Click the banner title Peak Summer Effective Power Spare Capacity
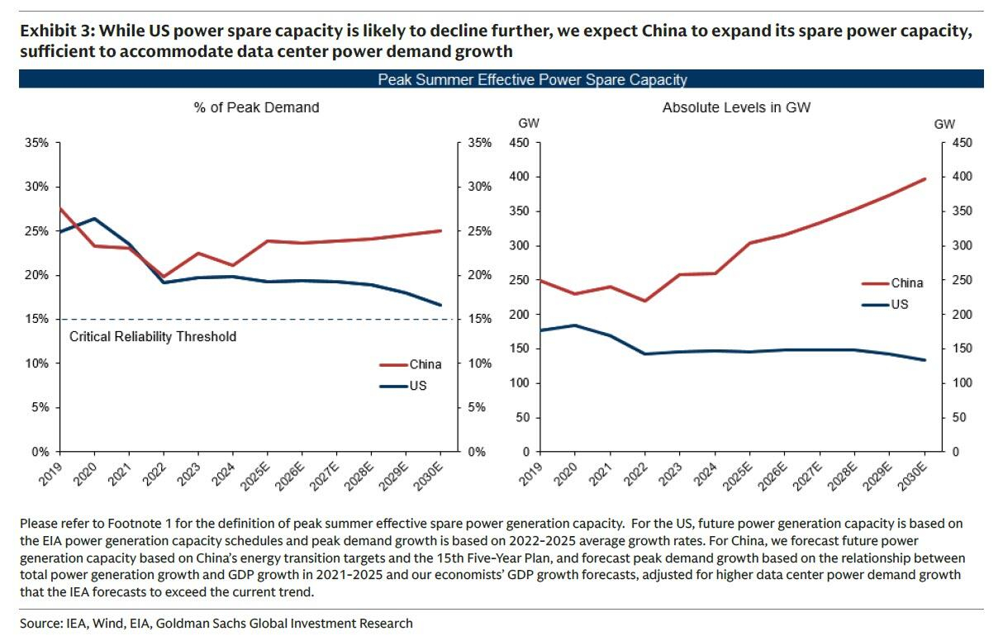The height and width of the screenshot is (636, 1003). tap(532, 79)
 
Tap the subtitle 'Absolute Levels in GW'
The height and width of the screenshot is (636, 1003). tap(727, 107)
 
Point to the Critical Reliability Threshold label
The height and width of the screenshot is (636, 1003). tap(153, 336)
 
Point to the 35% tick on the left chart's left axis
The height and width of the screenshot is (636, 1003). tap(37, 143)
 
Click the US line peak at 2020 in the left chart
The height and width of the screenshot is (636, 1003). tap(94, 219)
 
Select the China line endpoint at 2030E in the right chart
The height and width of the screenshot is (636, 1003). tap(925, 178)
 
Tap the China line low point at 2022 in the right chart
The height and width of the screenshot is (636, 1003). tap(644, 301)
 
